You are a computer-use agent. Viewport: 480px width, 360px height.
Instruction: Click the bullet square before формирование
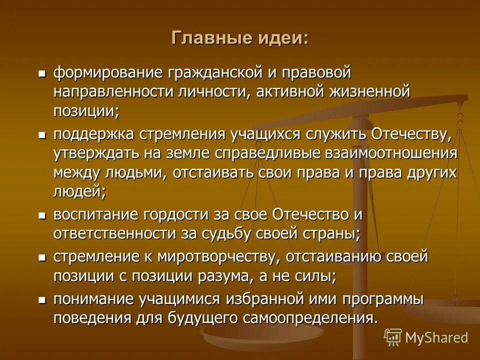click(42, 73)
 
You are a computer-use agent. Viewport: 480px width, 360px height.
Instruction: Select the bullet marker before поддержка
click(42, 134)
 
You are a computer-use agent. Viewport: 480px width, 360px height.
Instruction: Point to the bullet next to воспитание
click(42, 215)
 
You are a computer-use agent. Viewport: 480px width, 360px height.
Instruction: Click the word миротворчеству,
click(216, 257)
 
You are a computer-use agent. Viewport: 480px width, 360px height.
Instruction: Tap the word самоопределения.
click(311, 318)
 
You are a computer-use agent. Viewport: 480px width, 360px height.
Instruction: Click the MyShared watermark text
click(436, 337)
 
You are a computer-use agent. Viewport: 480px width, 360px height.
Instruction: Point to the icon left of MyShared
click(393, 337)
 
